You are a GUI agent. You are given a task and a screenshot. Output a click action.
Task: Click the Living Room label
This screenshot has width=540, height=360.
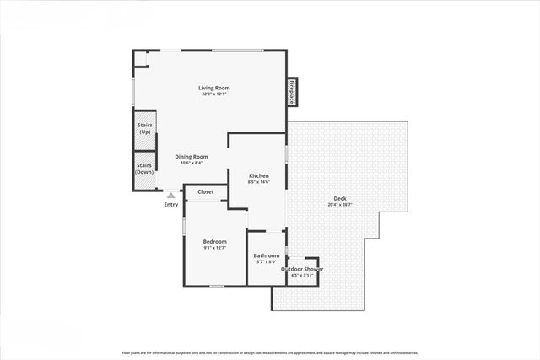point(214,88)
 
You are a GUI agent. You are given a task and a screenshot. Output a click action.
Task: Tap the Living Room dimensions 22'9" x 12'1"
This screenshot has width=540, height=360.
point(214,94)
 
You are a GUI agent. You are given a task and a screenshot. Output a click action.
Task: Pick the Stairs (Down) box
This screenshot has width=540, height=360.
point(144,169)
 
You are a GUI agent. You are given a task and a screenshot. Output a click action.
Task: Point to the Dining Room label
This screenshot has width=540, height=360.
point(192,157)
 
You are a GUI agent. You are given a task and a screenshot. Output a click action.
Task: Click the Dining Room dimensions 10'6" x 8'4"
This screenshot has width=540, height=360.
point(192,163)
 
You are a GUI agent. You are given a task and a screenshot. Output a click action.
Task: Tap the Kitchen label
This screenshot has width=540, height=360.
point(259,175)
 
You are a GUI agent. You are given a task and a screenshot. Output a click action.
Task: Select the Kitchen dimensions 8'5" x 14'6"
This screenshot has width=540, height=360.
point(259,182)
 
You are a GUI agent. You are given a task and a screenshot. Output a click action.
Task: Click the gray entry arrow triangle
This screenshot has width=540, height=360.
point(170,195)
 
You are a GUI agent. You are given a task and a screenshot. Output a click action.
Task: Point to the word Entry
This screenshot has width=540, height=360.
point(171,204)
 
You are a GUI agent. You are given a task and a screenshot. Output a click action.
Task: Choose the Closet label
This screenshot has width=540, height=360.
point(206,192)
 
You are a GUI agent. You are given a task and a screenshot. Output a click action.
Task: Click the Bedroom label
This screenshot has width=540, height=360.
point(214,242)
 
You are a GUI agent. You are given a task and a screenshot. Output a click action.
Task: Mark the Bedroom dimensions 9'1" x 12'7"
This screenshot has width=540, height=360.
point(214,249)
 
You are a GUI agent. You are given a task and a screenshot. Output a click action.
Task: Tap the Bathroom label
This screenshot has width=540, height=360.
point(267,255)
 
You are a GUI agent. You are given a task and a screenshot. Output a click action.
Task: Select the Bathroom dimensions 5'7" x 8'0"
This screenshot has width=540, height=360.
point(267,262)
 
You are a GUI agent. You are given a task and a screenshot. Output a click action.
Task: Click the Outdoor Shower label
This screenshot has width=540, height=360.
point(302,269)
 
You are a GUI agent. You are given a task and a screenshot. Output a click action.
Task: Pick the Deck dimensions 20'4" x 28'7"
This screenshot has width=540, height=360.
point(340,205)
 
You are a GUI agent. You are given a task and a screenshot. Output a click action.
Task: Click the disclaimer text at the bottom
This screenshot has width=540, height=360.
point(270,353)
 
